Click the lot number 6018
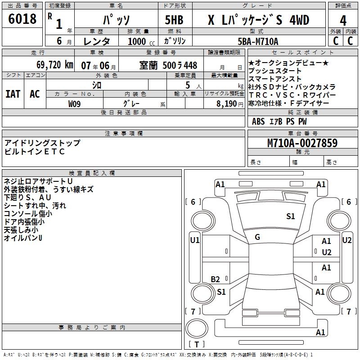pos(22,19)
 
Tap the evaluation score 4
pos(343,21)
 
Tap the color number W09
pos(75,103)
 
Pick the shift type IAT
pos(13,94)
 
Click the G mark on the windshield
pos(257,237)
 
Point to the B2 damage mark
pos(216,279)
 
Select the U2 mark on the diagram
pos(327,252)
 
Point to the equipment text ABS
pos(258,121)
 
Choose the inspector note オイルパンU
pos(23,238)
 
